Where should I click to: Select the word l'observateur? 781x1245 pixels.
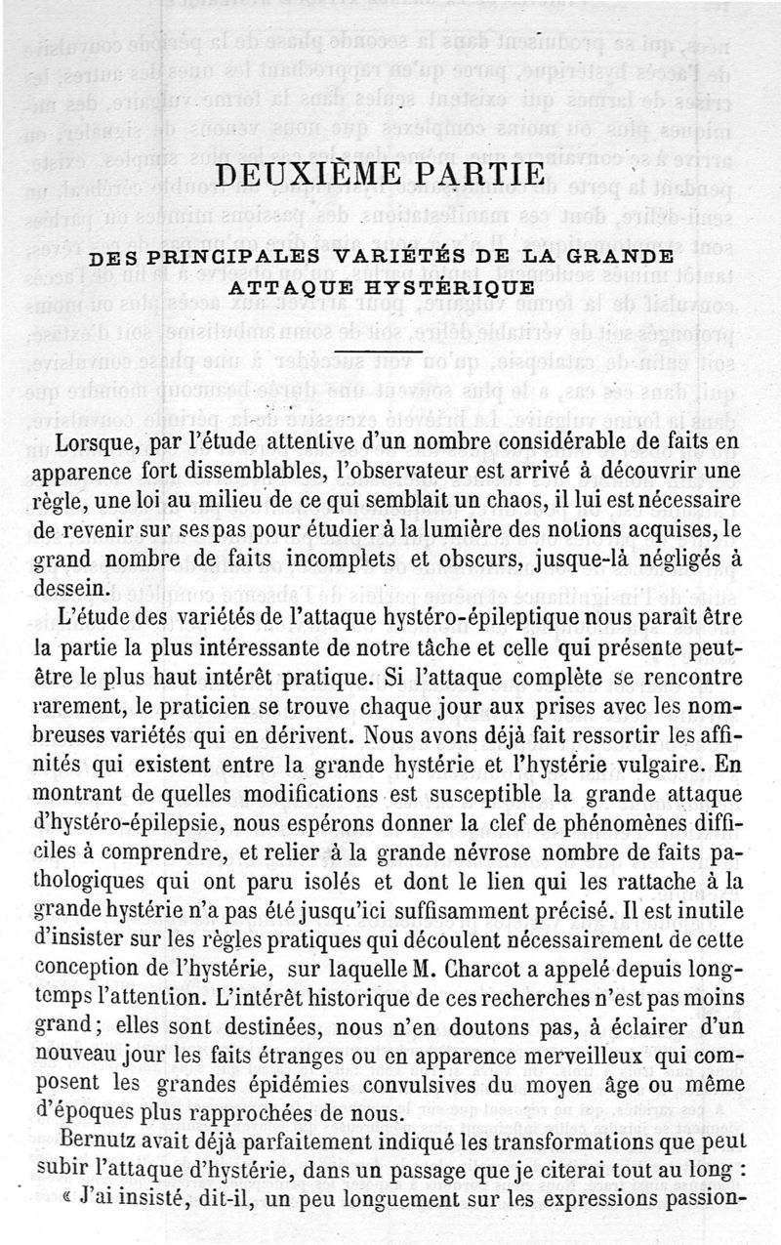click(x=398, y=472)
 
